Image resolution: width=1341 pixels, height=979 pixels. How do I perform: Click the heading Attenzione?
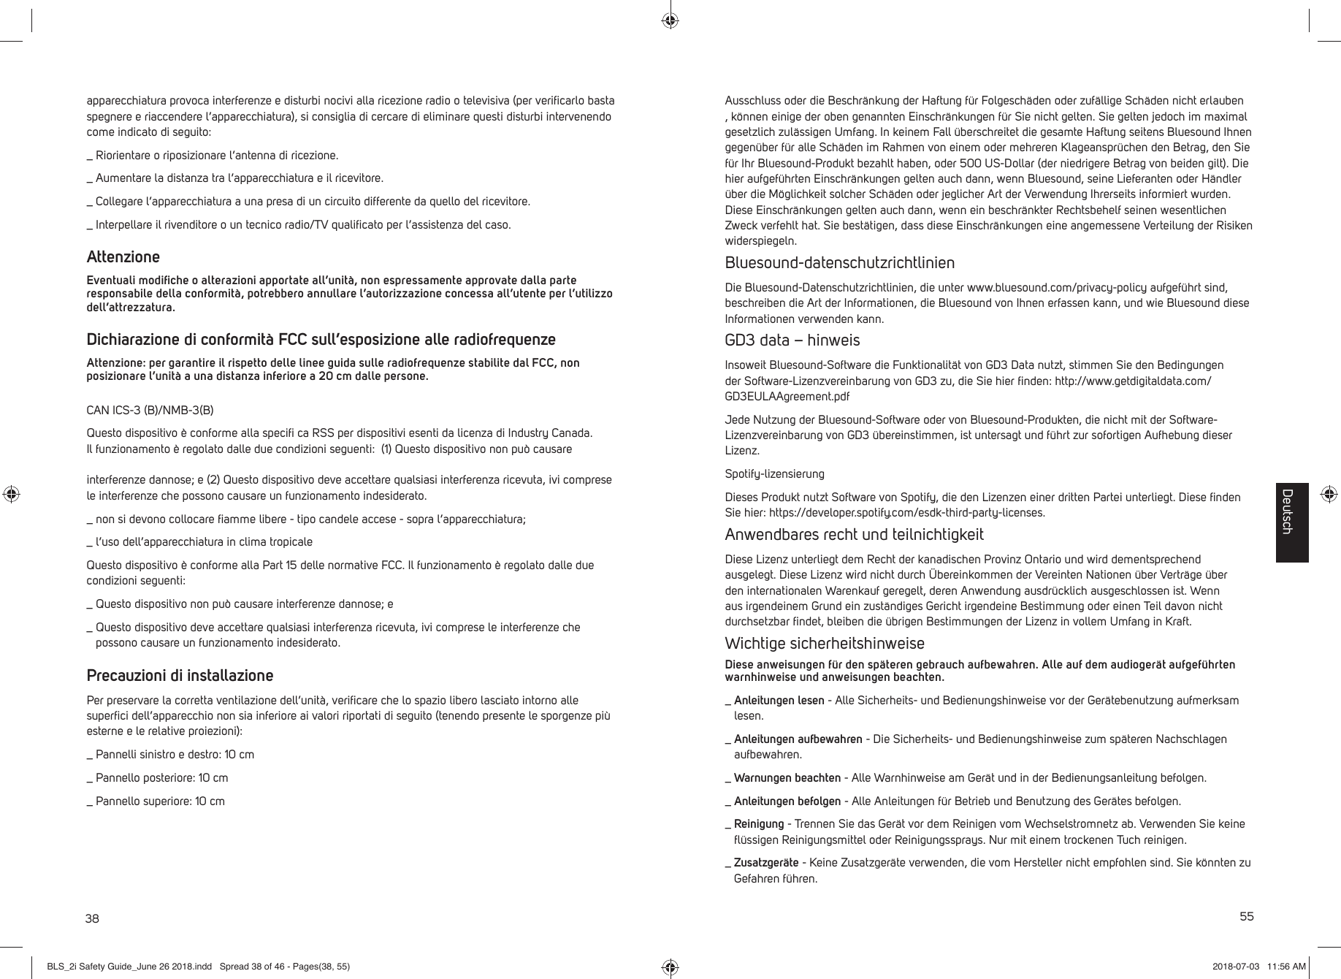point(123,257)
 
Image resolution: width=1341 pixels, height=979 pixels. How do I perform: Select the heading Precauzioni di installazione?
point(180,674)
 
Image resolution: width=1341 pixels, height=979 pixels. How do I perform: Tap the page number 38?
point(92,918)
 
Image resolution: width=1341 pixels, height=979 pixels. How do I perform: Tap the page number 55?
point(1246,916)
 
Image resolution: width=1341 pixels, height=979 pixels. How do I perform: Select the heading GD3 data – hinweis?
point(792,340)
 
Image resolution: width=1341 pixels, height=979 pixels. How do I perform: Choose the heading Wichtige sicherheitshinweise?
point(824,644)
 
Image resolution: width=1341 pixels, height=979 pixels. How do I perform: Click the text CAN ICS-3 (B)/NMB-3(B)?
point(150,410)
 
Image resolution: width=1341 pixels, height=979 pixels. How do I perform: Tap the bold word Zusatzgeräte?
point(765,863)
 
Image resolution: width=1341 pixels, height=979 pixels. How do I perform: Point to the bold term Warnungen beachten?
point(787,777)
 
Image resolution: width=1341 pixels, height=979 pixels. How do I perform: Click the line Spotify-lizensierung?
point(774,474)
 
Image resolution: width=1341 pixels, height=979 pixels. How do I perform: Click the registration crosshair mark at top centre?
point(670,20)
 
